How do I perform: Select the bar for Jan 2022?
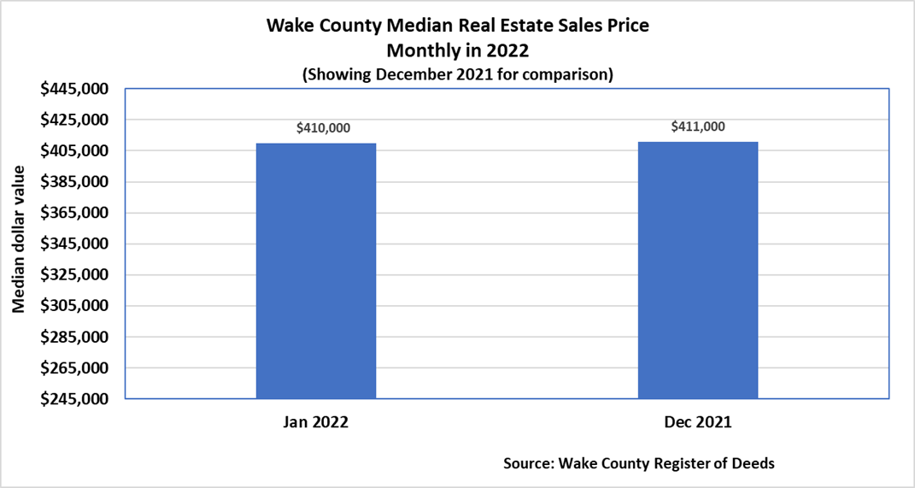click(315, 271)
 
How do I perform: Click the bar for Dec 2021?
click(698, 270)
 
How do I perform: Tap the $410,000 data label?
click(323, 128)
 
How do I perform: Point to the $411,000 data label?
click(698, 126)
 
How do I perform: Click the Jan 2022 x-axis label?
click(315, 422)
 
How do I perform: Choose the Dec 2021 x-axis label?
click(698, 422)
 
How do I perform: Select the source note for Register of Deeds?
click(639, 464)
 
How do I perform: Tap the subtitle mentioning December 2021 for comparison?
click(457, 74)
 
